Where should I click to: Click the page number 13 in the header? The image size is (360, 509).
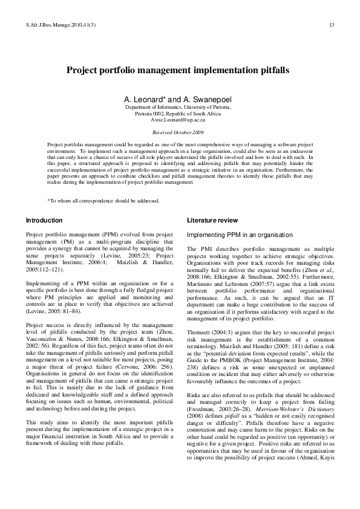(332, 25)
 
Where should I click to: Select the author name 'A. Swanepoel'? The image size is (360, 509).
(209, 99)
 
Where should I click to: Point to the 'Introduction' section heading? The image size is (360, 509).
(44, 220)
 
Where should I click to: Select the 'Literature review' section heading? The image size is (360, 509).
(212, 220)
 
